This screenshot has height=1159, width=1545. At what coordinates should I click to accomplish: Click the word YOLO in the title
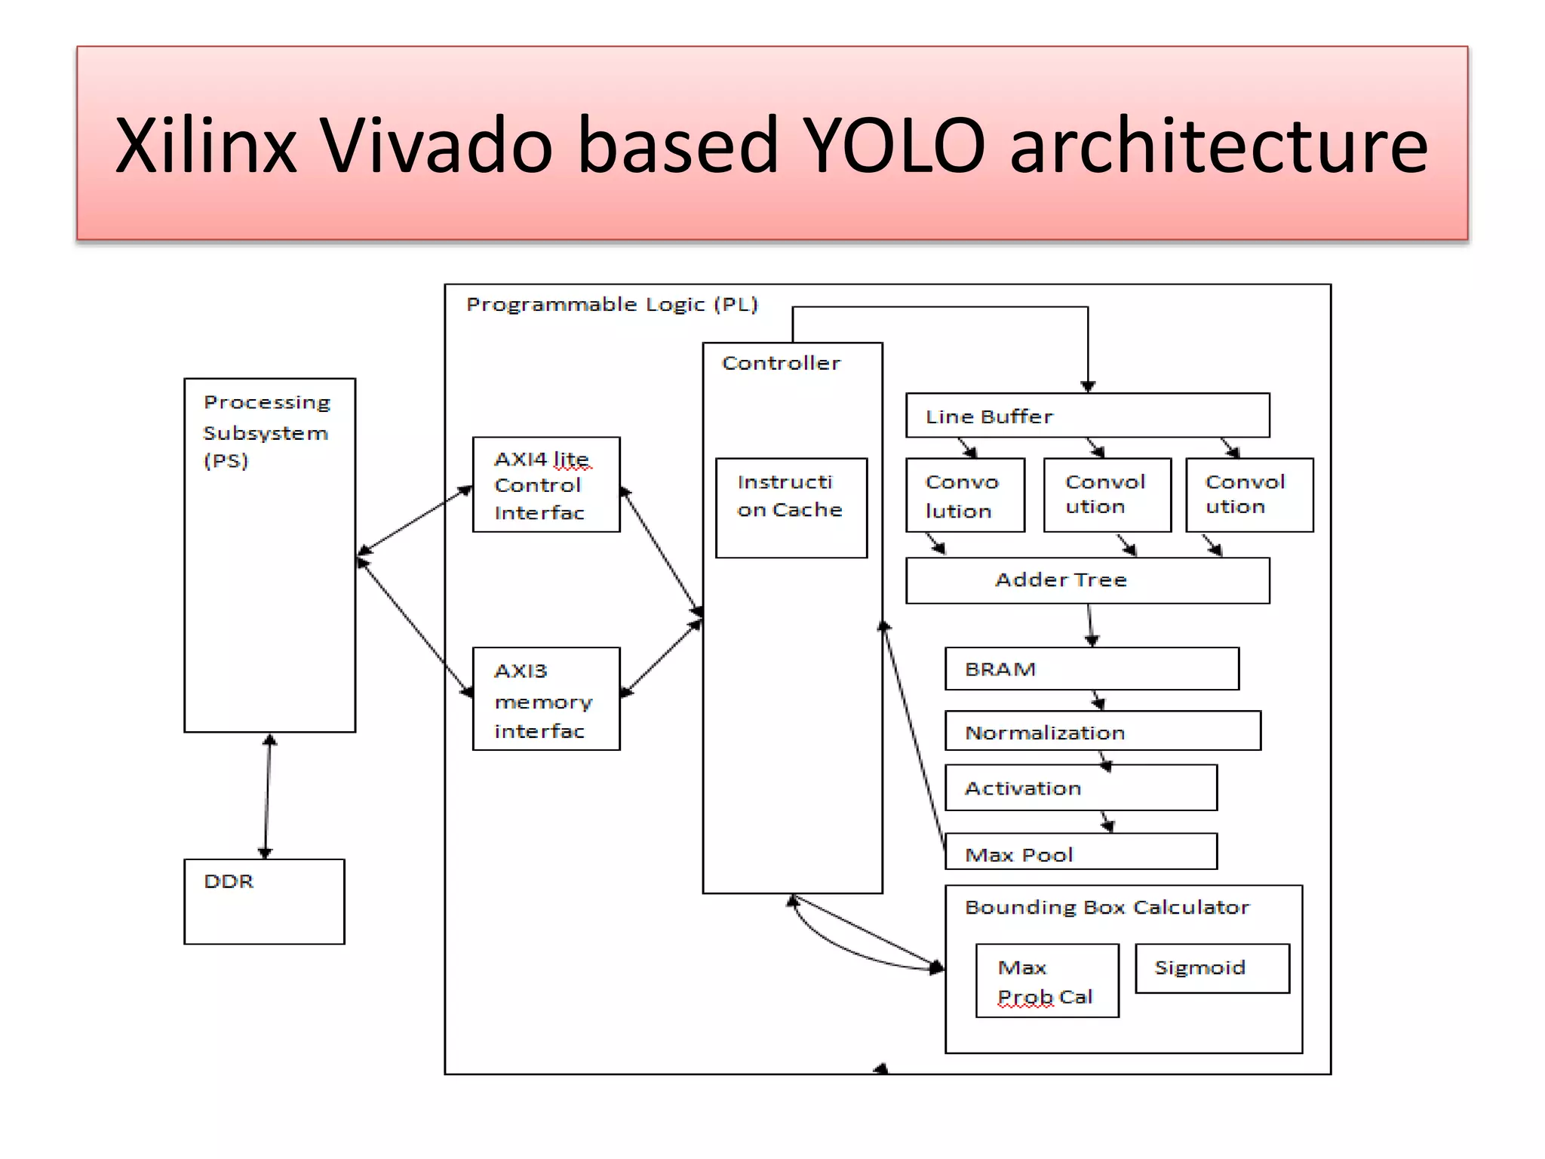pyautogui.click(x=893, y=145)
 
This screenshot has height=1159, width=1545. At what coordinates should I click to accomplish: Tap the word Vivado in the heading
pyautogui.click(x=438, y=145)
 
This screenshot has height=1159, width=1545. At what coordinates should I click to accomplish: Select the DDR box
pyautogui.click(x=264, y=901)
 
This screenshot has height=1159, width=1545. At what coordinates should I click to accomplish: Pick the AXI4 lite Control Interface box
pyautogui.click(x=546, y=484)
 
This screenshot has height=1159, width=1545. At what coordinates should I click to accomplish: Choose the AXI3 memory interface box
pyautogui.click(x=546, y=699)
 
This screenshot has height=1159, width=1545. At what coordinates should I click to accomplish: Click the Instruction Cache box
pyautogui.click(x=791, y=507)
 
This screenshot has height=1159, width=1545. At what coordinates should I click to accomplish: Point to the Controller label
pyautogui.click(x=781, y=363)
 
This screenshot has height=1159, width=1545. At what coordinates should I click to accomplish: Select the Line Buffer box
pyautogui.click(x=1086, y=415)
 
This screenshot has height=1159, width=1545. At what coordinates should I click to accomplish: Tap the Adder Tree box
pyautogui.click(x=1086, y=580)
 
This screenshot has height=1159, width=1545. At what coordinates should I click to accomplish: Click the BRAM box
pyautogui.click(x=1091, y=669)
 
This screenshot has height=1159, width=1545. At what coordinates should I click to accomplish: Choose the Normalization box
pyautogui.click(x=1101, y=731)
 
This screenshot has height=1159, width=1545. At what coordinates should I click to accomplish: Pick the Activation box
pyautogui.click(x=1080, y=788)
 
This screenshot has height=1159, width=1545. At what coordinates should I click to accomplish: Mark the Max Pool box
pyautogui.click(x=1080, y=853)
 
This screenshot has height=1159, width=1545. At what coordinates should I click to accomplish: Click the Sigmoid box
pyautogui.click(x=1212, y=968)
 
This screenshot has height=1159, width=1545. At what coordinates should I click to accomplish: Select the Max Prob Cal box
pyautogui.click(x=1046, y=981)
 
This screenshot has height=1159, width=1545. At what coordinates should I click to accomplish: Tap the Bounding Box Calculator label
pyautogui.click(x=1107, y=907)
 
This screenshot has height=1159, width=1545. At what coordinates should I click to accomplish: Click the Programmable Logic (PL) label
pyautogui.click(x=612, y=304)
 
